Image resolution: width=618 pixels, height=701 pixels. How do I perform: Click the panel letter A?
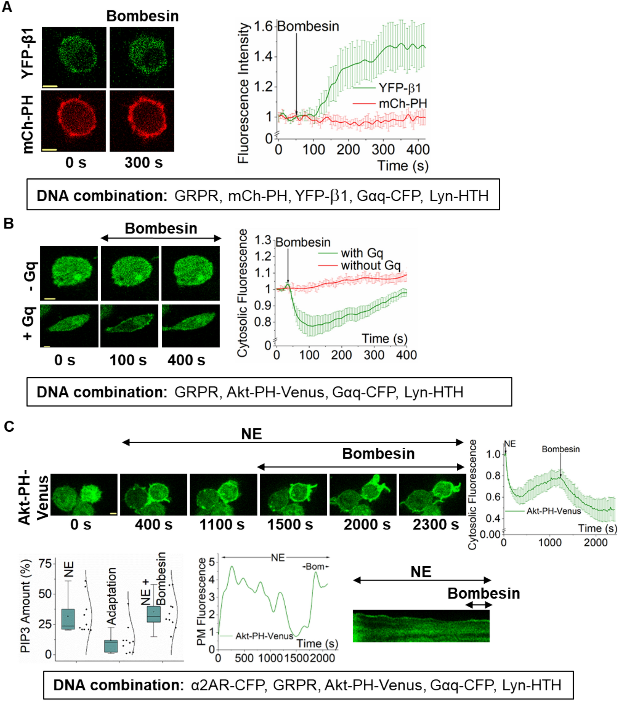click(x=7, y=7)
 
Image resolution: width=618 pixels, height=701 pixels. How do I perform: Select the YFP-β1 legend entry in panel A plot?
click(x=399, y=88)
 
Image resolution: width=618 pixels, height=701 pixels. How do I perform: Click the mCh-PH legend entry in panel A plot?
click(x=403, y=103)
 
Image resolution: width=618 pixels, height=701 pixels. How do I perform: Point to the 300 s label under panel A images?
click(x=143, y=162)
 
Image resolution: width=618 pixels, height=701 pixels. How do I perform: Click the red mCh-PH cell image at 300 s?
click(x=142, y=121)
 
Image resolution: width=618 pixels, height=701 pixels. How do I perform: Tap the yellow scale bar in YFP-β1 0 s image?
click(x=50, y=86)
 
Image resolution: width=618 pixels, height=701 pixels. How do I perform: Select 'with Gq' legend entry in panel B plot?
click(x=362, y=253)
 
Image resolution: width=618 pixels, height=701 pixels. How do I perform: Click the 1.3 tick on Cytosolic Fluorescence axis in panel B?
click(x=263, y=240)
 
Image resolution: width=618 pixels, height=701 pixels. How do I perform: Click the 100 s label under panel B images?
click(x=128, y=360)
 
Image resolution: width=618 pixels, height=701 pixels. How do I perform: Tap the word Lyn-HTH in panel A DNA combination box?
click(x=459, y=196)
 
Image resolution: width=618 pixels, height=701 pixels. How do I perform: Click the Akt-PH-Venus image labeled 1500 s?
click(x=293, y=495)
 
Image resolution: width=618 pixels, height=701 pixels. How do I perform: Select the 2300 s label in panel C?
click(x=435, y=525)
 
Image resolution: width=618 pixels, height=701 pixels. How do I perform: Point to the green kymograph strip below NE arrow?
click(x=421, y=626)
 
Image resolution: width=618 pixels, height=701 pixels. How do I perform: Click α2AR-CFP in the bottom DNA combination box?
click(x=228, y=685)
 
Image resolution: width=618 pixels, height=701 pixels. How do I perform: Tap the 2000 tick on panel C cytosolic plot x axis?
click(x=596, y=543)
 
